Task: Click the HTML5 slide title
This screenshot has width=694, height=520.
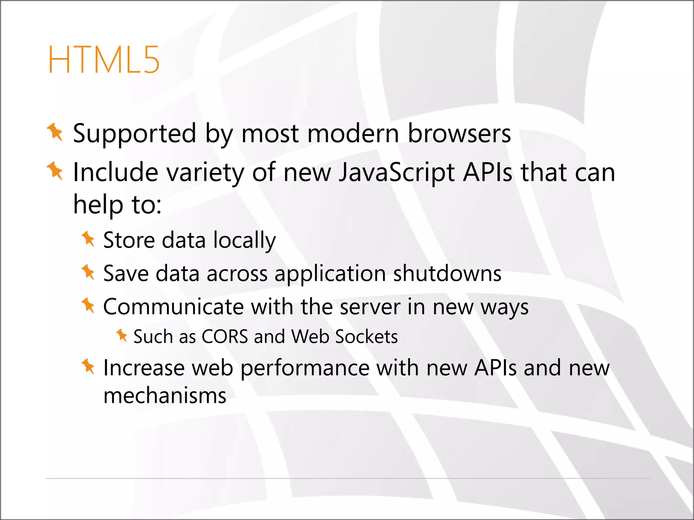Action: click(x=103, y=60)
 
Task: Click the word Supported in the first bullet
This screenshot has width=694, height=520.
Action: click(x=135, y=134)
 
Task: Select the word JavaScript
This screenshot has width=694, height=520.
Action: click(x=397, y=173)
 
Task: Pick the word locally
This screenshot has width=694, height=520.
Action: click(x=245, y=240)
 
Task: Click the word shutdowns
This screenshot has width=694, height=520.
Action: click(x=447, y=273)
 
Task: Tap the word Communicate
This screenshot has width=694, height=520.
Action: click(x=173, y=307)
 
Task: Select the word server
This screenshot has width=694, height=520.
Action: click(x=370, y=307)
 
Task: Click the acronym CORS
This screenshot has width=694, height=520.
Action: click(x=225, y=337)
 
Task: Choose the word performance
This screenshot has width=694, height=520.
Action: click(x=305, y=368)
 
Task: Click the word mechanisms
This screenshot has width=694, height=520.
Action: click(x=165, y=395)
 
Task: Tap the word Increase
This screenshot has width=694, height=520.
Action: click(x=144, y=368)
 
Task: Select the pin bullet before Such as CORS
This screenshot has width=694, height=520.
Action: click(x=122, y=335)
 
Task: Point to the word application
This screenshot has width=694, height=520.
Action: click(x=330, y=274)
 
